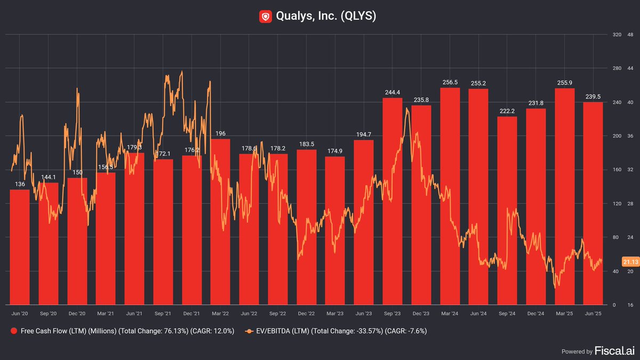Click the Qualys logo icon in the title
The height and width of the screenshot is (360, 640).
(266, 17)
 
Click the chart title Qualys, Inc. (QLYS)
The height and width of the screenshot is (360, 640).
(326, 17)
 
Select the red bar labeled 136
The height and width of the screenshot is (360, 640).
(20, 245)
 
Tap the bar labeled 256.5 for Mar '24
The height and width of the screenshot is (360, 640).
(450, 197)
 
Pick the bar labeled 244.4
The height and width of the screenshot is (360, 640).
(393, 203)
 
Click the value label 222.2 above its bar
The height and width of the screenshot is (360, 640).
(507, 111)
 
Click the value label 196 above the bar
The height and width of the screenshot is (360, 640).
(220, 133)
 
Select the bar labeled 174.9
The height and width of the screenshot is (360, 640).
(335, 229)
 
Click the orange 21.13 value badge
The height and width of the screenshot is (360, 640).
(630, 262)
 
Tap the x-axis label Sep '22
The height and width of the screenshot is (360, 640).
(278, 314)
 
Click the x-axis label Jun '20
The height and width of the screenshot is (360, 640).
(20, 314)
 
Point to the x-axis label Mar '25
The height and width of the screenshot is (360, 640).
(564, 314)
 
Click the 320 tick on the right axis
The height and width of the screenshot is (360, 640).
(617, 35)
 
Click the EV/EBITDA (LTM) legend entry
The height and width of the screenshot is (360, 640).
(336, 331)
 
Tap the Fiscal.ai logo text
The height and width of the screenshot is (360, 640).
(613, 351)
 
